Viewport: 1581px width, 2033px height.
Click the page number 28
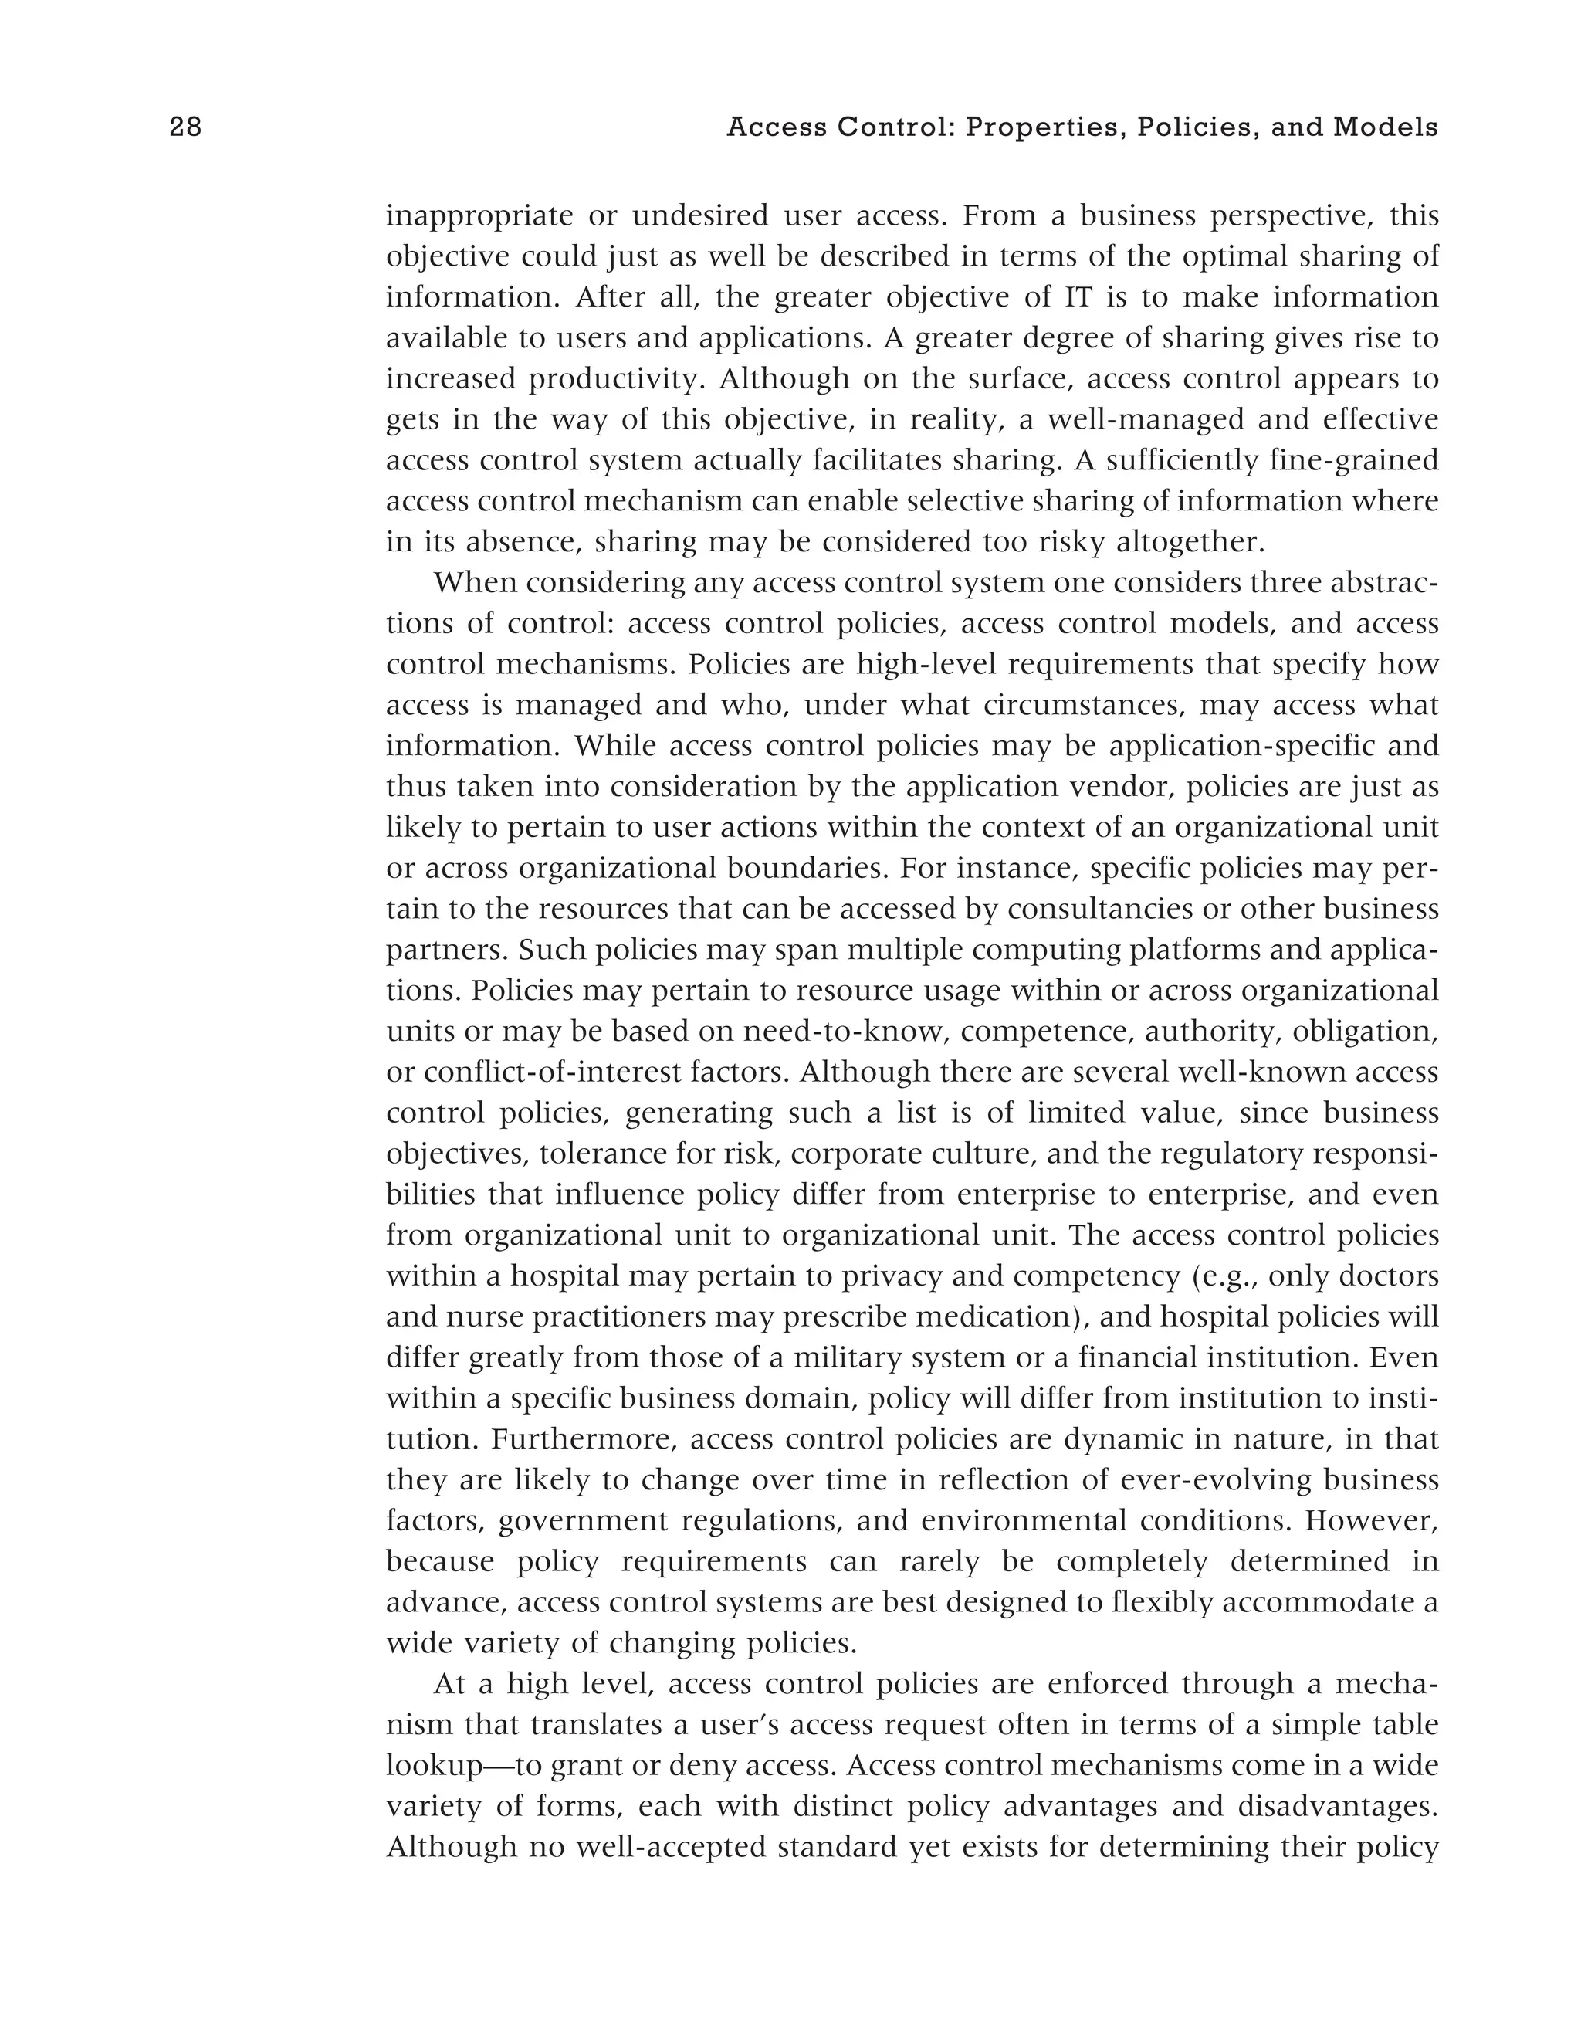(x=185, y=127)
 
